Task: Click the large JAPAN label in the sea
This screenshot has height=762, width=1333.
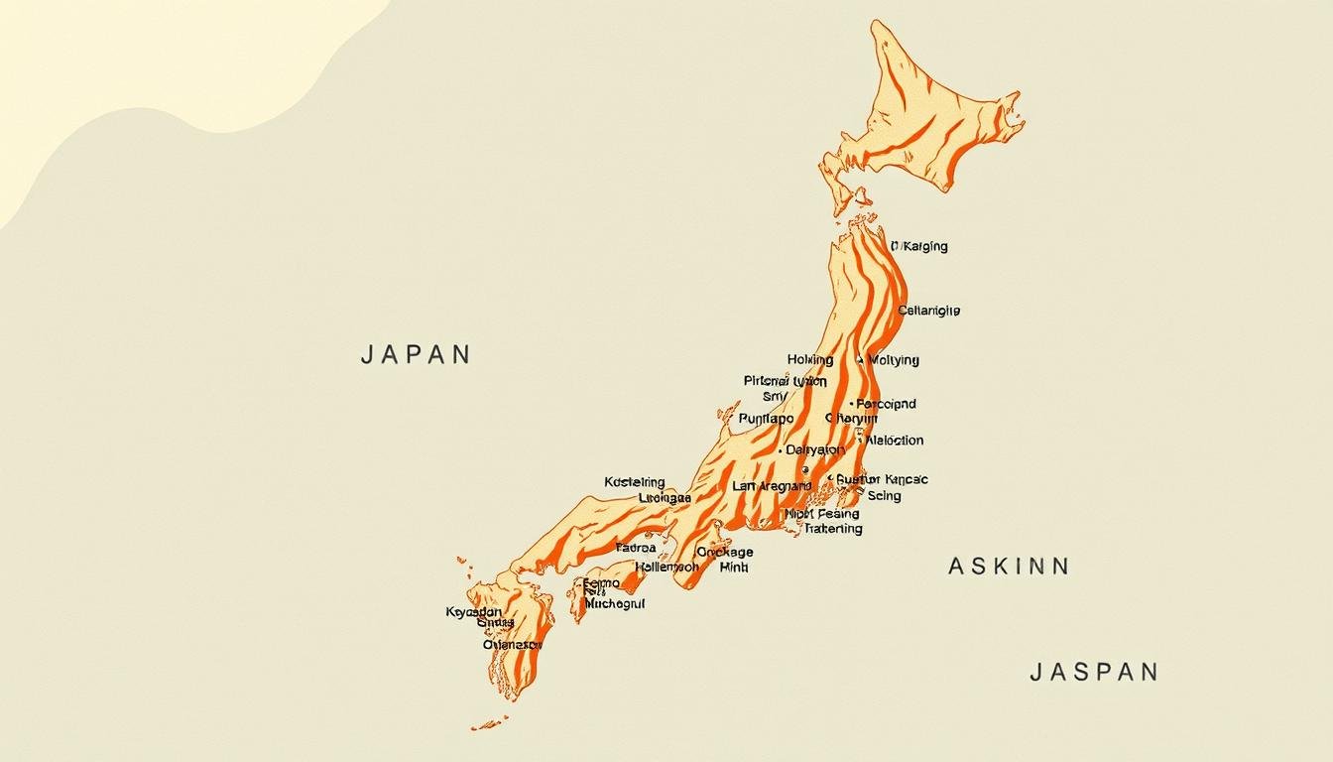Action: [x=416, y=354]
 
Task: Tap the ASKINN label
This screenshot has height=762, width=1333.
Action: [x=1008, y=567]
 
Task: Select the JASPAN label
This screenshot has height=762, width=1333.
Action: [x=1093, y=672]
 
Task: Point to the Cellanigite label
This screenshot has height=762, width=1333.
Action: [x=928, y=311]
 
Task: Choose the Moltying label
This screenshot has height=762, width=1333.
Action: [x=894, y=360]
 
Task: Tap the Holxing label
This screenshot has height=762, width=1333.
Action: [x=809, y=360]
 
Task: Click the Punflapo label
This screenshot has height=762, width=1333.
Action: [x=766, y=419]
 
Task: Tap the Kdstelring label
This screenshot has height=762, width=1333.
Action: [x=634, y=482]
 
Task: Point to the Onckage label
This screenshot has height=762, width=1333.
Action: [x=724, y=552]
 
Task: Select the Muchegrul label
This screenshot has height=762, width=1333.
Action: [x=614, y=602]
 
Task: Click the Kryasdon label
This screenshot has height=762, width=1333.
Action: [x=473, y=612]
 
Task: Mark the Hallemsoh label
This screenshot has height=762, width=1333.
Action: [x=666, y=568]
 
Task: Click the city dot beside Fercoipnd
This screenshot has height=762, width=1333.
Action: [x=851, y=404]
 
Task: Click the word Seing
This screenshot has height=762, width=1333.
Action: [x=884, y=495]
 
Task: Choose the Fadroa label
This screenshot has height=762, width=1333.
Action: [x=636, y=548]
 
